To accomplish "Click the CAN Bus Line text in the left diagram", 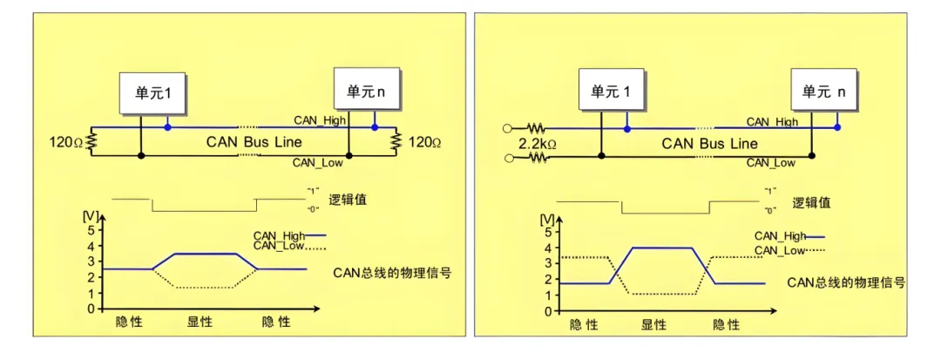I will click(254, 141).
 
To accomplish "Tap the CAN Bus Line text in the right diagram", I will click(709, 143).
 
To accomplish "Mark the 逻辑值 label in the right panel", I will click(811, 202).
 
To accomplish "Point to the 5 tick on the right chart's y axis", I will click(545, 232).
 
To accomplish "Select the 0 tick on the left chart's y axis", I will click(90, 309).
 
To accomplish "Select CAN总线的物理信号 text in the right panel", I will click(846, 282).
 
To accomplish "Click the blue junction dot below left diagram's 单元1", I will click(168, 127).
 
